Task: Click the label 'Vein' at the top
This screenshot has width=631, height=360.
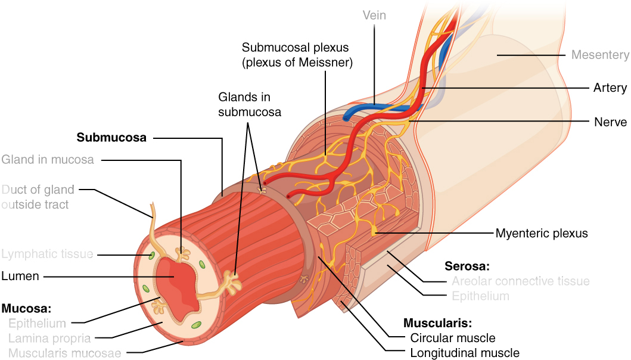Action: (x=374, y=15)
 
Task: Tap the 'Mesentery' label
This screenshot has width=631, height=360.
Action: (x=599, y=55)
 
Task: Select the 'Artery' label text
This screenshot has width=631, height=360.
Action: (x=610, y=88)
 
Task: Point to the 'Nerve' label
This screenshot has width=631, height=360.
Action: (x=610, y=122)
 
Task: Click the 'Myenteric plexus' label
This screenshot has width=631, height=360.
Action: (x=541, y=233)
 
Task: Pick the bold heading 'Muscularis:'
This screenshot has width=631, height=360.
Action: (x=437, y=324)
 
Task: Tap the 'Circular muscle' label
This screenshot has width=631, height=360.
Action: (x=453, y=338)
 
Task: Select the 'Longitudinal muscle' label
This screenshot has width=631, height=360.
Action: (x=464, y=353)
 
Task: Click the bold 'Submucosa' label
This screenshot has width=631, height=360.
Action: (x=111, y=138)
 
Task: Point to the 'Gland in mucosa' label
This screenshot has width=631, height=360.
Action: (x=47, y=160)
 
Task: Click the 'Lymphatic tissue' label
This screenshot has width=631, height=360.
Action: (x=47, y=255)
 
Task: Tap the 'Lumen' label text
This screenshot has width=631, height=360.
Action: (x=21, y=276)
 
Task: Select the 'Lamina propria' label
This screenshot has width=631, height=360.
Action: (x=49, y=339)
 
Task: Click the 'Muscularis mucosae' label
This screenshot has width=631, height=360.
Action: (x=64, y=353)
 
